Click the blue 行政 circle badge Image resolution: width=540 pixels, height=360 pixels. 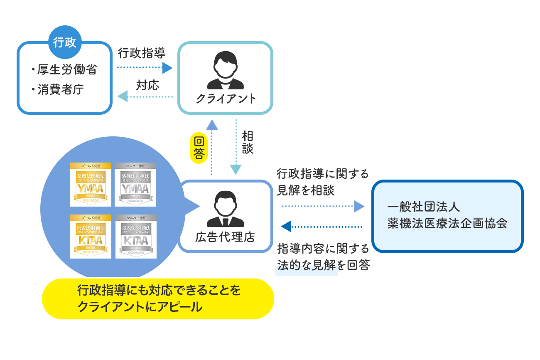click(x=65, y=42)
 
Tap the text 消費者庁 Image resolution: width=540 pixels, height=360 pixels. click(x=61, y=89)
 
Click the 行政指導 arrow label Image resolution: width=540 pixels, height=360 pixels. click(x=142, y=53)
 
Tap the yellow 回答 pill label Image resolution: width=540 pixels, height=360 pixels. click(x=199, y=148)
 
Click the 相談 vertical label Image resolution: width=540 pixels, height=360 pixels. click(x=248, y=143)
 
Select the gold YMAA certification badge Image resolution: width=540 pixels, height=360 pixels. click(x=91, y=185)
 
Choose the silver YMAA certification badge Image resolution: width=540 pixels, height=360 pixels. click(x=135, y=185)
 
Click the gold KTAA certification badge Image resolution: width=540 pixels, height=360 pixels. click(x=91, y=236)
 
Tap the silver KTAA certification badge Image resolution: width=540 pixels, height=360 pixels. click(x=136, y=236)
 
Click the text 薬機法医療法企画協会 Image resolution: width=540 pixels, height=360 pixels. click(x=447, y=223)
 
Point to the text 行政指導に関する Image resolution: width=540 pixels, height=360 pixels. click(x=323, y=174)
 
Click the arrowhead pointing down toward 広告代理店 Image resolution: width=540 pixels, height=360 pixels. click(x=236, y=169)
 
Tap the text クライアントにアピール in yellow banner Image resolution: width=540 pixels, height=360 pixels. click(x=140, y=307)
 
